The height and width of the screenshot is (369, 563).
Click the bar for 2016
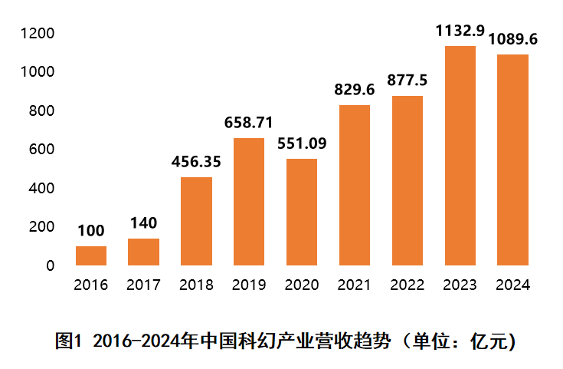(91, 256)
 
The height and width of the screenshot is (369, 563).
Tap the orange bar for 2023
(460, 156)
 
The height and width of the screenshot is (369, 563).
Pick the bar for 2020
(302, 213)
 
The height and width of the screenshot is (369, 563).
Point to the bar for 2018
(196, 222)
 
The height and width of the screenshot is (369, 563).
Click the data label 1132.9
(460, 31)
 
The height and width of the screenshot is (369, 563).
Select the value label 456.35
(196, 162)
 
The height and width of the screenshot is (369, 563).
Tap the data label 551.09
(302, 143)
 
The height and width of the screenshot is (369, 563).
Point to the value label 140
(143, 223)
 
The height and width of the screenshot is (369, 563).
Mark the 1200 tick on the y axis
(38, 33)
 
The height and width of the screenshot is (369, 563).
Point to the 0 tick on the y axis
(51, 265)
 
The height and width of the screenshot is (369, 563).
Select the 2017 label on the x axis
(143, 285)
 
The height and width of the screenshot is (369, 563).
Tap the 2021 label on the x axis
(355, 285)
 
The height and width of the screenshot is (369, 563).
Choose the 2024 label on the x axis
(513, 285)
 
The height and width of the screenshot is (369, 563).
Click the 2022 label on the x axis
(408, 285)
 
